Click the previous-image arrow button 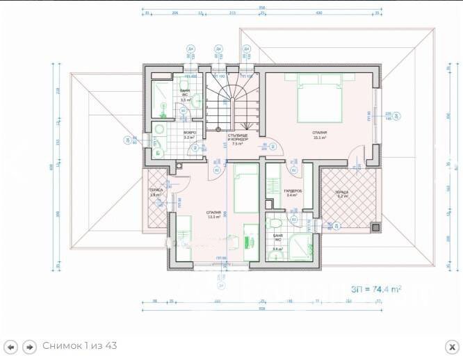tap(11, 346)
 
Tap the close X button tap(450, 346)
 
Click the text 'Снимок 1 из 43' tap(80, 346)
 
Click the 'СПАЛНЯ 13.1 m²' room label tap(213, 214)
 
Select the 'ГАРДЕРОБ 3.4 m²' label tap(292, 193)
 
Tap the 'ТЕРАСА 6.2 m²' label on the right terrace tap(341, 194)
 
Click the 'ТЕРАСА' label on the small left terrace tap(156, 192)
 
